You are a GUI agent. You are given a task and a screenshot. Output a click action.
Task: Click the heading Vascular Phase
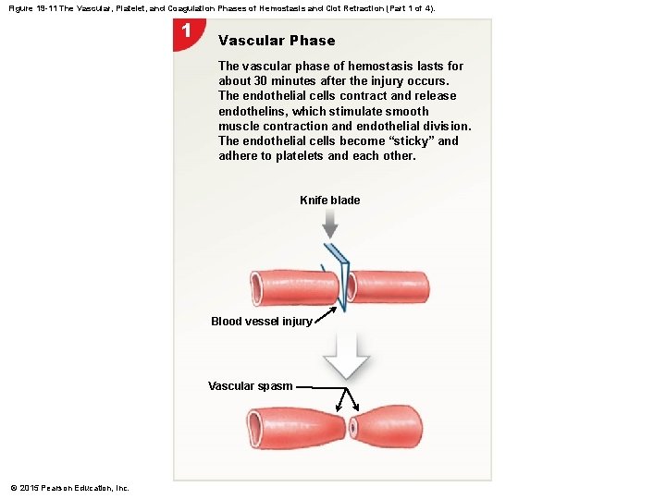[x=277, y=41]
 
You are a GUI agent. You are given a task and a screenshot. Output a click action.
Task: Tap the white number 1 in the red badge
[x=186, y=30]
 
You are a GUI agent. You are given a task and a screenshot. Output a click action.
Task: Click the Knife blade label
[x=330, y=201]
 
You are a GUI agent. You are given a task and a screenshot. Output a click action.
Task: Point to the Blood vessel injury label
[x=261, y=322]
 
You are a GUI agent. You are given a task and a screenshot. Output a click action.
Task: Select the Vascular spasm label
[x=250, y=386]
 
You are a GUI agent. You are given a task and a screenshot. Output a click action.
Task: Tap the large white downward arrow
[x=346, y=356]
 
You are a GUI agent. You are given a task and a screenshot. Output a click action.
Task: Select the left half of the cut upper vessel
[x=288, y=287]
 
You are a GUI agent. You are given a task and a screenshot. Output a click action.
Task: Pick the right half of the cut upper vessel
[x=389, y=287]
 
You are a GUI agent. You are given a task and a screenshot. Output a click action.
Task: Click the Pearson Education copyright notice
[x=70, y=488]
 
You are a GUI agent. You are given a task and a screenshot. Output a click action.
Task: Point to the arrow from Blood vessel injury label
[x=325, y=314]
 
